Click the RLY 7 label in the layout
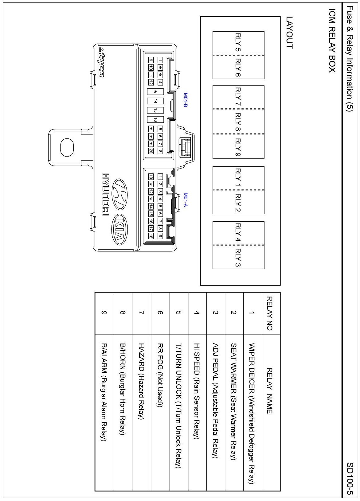click(238, 96)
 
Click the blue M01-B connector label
click(186, 100)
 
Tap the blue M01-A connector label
click(186, 200)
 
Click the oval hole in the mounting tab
click(67, 147)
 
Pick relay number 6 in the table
click(160, 313)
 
